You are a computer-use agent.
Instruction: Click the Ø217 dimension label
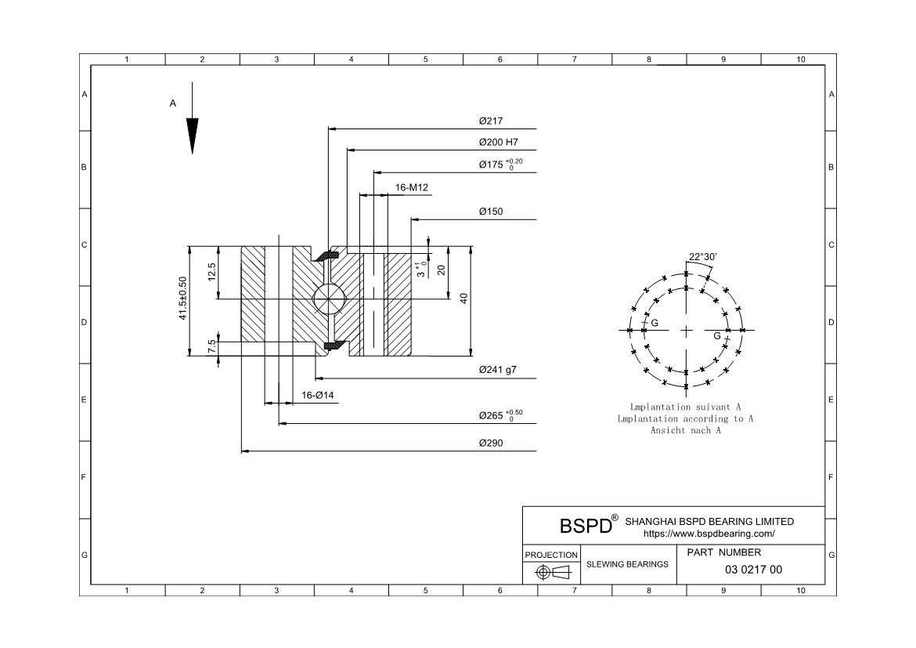[491, 121]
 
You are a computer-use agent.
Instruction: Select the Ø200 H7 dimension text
[498, 142]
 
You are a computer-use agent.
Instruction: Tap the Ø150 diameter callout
[491, 212]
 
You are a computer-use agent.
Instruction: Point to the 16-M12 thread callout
[411, 188]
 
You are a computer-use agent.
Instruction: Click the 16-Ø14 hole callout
[318, 396]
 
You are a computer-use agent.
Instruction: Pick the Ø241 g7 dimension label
[498, 370]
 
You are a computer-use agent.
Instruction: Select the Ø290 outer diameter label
[491, 443]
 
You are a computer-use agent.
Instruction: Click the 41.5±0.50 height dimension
[183, 299]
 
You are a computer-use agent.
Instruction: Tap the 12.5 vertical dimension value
[211, 272]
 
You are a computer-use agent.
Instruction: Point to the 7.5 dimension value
[211, 346]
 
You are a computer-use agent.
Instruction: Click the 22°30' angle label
[702, 257]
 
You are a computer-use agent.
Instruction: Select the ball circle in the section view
[330, 299]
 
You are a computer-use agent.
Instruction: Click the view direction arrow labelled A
[192, 118]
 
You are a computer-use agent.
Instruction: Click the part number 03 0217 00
[753, 570]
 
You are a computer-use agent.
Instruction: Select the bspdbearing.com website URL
[709, 534]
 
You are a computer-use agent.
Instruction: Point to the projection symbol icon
[552, 572]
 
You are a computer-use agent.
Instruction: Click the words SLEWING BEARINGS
[627, 564]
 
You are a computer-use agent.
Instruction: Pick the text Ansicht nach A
[686, 430]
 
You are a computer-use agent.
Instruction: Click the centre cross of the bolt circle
[686, 331]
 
